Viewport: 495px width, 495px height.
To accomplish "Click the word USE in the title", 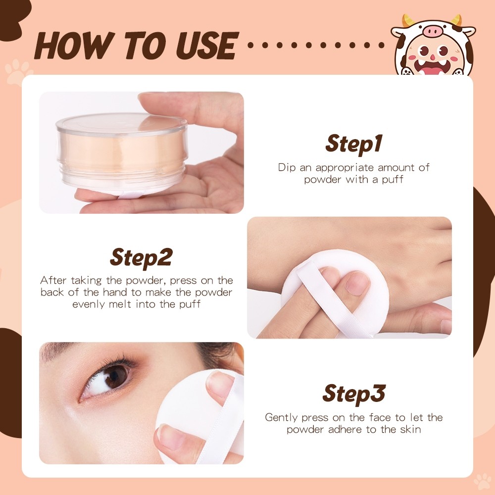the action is [207, 46].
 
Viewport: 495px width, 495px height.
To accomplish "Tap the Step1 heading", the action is [354, 144].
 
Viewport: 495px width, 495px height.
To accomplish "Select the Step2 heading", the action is [141, 257].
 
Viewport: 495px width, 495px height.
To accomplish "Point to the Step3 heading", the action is [354, 394].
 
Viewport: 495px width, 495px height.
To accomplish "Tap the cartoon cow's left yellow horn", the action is [408, 21].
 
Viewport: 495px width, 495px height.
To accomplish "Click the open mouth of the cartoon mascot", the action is [432, 66].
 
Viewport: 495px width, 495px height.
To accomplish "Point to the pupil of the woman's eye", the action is [114, 377].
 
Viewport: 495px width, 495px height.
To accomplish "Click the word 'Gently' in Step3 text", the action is [282, 418].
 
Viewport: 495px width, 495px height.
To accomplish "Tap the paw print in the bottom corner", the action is [483, 482].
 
